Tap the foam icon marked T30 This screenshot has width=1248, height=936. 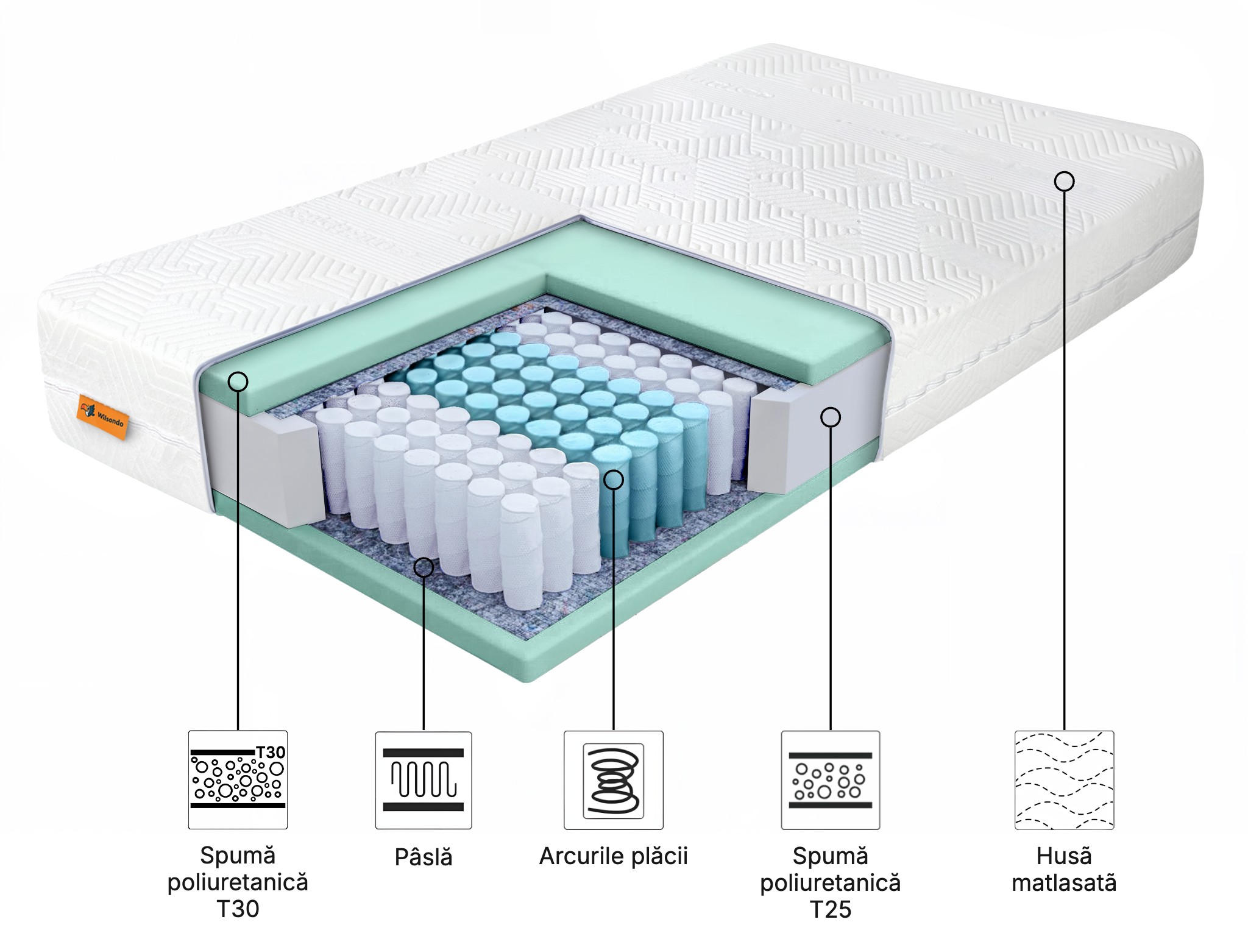click(x=238, y=780)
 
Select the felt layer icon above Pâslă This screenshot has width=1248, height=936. click(x=424, y=780)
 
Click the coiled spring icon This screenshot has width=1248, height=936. click(x=613, y=780)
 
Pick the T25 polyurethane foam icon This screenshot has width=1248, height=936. click(x=831, y=780)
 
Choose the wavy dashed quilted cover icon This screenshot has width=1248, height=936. click(x=1064, y=780)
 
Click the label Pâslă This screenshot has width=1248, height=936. click(x=424, y=857)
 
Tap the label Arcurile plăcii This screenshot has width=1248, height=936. click(x=613, y=856)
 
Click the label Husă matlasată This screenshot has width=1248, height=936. click(x=1064, y=870)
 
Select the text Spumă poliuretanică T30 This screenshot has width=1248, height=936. click(x=238, y=882)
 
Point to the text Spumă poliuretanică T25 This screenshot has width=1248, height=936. click(x=831, y=882)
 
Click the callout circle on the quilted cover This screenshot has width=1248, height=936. click(x=1064, y=182)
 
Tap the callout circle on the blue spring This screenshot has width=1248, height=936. click(x=614, y=480)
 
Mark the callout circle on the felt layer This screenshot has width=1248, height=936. click(x=424, y=568)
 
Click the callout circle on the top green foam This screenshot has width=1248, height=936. click(x=238, y=382)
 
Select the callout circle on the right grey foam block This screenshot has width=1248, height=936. click(x=831, y=417)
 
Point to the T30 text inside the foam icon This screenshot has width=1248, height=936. click(x=271, y=753)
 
